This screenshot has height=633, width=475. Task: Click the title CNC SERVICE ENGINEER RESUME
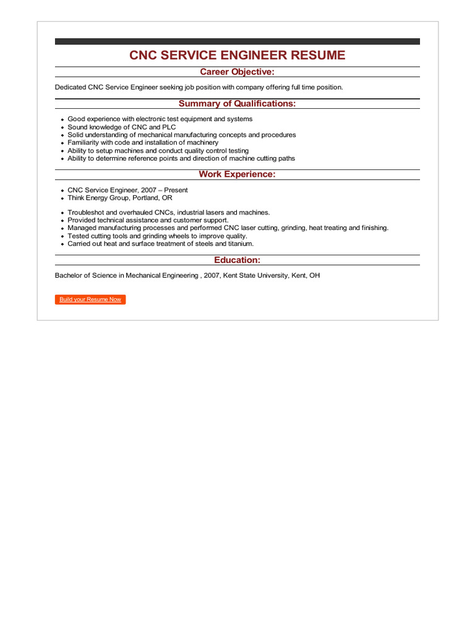pos(237,55)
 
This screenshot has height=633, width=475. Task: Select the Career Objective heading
pos(237,72)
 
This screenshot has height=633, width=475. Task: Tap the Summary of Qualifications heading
pos(237,103)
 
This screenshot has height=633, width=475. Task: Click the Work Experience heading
pos(237,174)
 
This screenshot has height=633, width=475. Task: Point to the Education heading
pos(237,260)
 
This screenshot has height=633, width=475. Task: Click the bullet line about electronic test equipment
pos(160,119)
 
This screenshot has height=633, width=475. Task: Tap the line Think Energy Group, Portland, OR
pos(119,198)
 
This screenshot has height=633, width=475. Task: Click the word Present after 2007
pos(176,190)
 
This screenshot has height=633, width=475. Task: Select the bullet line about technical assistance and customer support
pos(148,220)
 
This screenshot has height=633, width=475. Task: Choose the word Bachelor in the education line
pos(69,275)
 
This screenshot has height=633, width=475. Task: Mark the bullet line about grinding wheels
pos(157,236)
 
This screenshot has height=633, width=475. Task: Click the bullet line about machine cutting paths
pos(181,158)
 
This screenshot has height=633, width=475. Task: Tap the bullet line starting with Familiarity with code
pos(143,143)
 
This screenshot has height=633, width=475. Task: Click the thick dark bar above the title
pos(237,41)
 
